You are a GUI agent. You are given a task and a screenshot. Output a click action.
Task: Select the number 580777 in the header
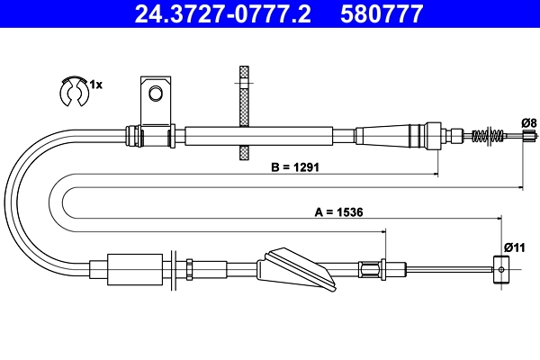379,13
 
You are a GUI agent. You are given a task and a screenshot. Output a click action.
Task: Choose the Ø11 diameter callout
514,247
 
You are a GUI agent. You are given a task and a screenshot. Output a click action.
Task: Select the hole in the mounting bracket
156,93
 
